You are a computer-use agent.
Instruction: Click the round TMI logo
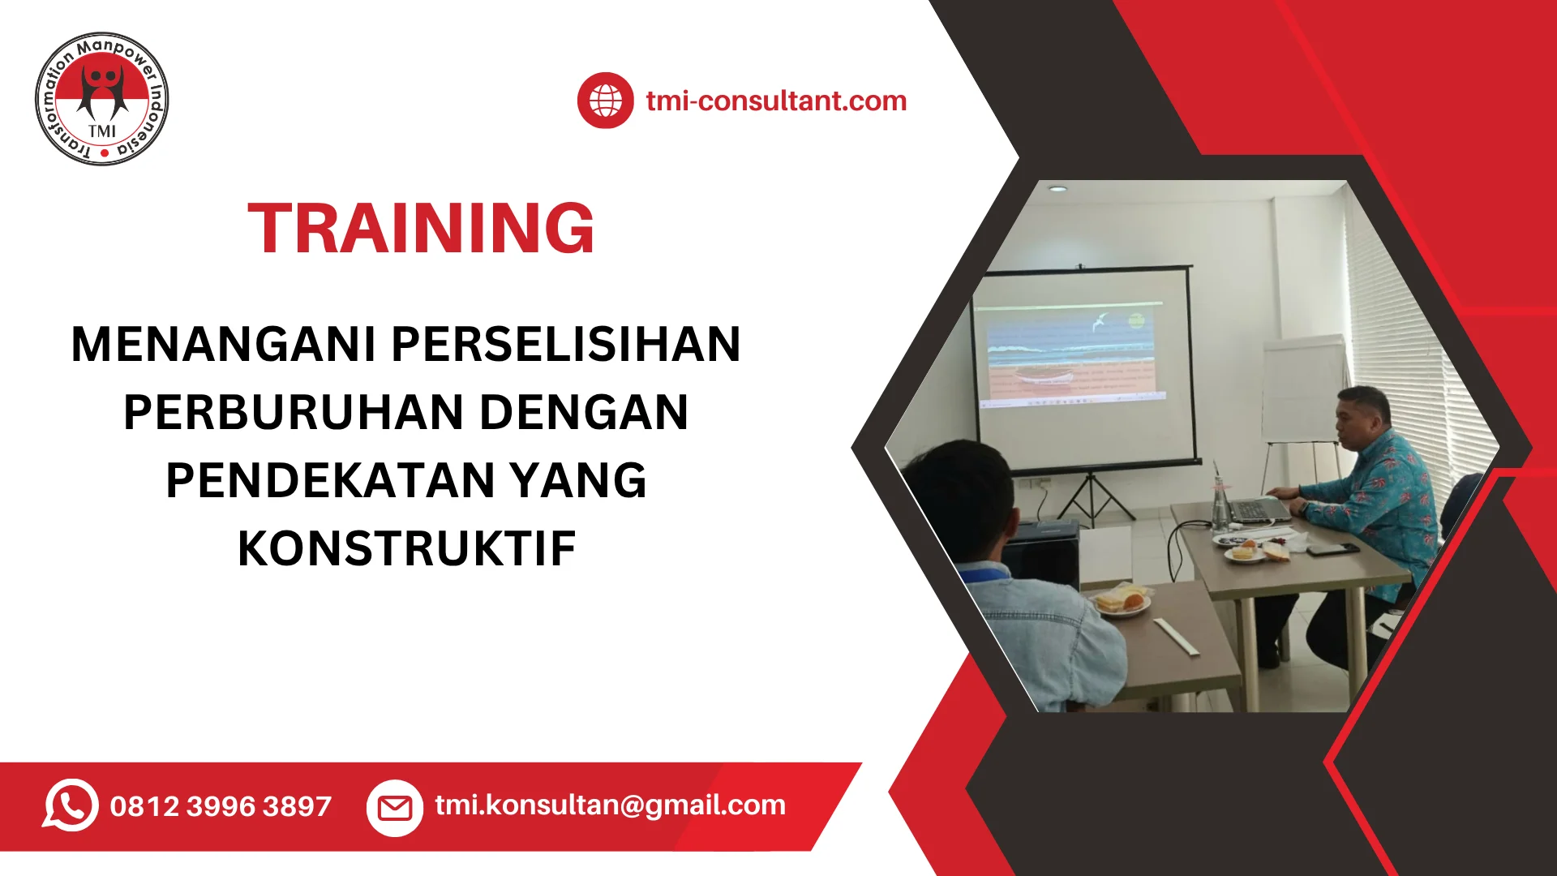[x=102, y=99]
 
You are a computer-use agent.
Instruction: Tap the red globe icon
[x=605, y=101]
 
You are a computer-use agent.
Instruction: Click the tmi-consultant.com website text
[x=776, y=101]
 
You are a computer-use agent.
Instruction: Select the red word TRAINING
[x=421, y=228]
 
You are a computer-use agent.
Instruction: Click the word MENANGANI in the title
[x=224, y=344]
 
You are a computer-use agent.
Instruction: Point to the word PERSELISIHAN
[x=566, y=344]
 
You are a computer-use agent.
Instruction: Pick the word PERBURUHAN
[x=294, y=412]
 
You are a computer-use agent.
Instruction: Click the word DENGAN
[x=584, y=412]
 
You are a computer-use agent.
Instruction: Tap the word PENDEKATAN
[x=331, y=480]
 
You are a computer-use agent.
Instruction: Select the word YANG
[x=578, y=480]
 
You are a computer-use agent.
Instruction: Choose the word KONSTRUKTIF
[x=406, y=548]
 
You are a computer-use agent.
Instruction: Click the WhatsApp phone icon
[x=71, y=805]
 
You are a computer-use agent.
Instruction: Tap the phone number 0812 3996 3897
[x=221, y=806]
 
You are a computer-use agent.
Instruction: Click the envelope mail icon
[x=395, y=808]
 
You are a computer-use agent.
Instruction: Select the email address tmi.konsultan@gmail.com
[x=610, y=805]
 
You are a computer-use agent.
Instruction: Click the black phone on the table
[x=1332, y=549]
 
